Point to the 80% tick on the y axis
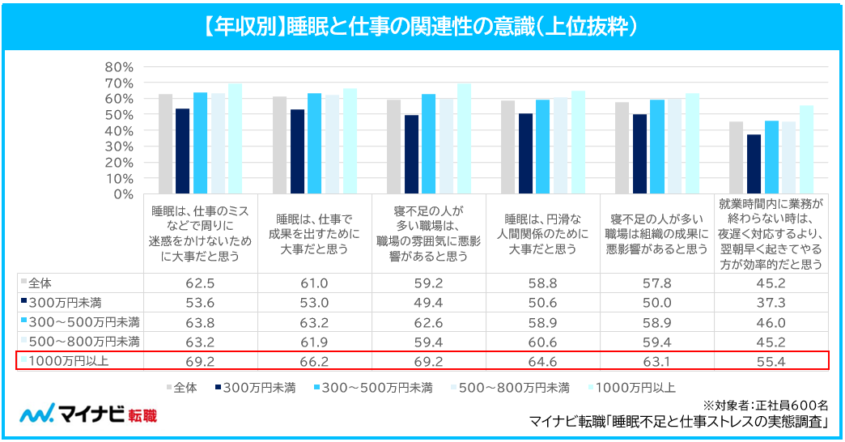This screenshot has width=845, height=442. (119, 67)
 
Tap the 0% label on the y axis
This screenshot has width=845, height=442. (123, 194)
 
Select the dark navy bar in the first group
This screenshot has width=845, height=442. (183, 151)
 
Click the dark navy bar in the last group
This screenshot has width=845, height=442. (754, 164)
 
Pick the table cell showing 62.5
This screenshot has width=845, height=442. (200, 283)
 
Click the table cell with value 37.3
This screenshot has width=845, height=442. (771, 303)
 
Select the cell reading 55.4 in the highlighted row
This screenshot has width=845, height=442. (771, 362)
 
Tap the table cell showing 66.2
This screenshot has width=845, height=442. (314, 362)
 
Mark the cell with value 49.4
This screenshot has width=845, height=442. (428, 303)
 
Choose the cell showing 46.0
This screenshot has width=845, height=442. (771, 322)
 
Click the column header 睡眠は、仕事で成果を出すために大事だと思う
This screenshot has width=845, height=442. (315, 234)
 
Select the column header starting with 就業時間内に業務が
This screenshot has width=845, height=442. (771, 234)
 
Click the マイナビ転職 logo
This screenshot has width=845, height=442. (88, 414)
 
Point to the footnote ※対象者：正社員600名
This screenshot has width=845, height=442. (765, 406)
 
